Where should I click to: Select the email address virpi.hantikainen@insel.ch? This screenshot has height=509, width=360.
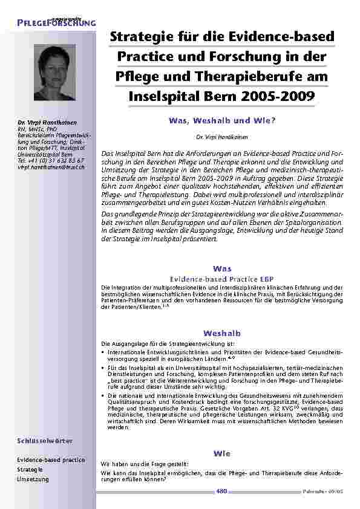click(x=51, y=166)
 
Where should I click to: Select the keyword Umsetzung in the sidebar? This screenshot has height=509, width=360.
click(x=31, y=479)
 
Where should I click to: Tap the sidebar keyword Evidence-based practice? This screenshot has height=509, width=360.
click(x=51, y=460)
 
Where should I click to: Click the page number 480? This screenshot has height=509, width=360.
click(x=221, y=491)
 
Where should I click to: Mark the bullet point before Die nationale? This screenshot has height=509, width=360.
click(x=103, y=396)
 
